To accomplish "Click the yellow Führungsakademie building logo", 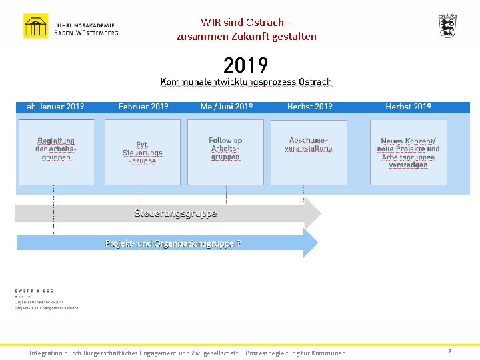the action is pyautogui.click(x=35, y=26).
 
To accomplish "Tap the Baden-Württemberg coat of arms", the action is pyautogui.click(x=447, y=25).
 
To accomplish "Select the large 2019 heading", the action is pyautogui.click(x=245, y=65).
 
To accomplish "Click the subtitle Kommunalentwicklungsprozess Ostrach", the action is pyautogui.click(x=245, y=82).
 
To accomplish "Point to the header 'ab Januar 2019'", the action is pyautogui.click(x=55, y=107).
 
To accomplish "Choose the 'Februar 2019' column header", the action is pyautogui.click(x=143, y=107).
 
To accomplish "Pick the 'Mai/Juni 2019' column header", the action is pyautogui.click(x=227, y=107).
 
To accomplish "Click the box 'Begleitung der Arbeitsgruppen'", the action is pyautogui.click(x=56, y=151).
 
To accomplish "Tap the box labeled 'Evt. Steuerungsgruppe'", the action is pyautogui.click(x=142, y=153).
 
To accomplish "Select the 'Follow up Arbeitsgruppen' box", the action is pyautogui.click(x=225, y=151).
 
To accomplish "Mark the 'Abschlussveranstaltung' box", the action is pyautogui.click(x=309, y=151).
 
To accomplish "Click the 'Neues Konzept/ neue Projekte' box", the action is pyautogui.click(x=408, y=153).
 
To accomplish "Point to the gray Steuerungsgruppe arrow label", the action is pyautogui.click(x=175, y=213).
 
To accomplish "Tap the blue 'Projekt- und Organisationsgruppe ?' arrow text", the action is pyautogui.click(x=173, y=244).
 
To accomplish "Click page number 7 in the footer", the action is pyautogui.click(x=449, y=351).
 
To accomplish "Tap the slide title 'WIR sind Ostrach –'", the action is pyautogui.click(x=246, y=22).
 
